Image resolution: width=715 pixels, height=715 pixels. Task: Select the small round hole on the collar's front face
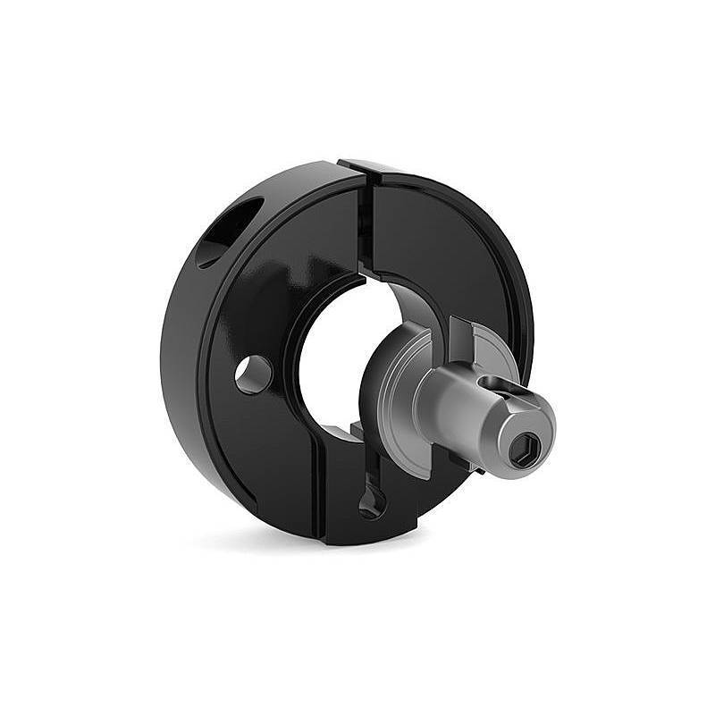(253, 374)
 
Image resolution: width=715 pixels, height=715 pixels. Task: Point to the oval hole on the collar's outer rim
(226, 231)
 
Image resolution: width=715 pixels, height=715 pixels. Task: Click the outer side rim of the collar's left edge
(179, 357)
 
